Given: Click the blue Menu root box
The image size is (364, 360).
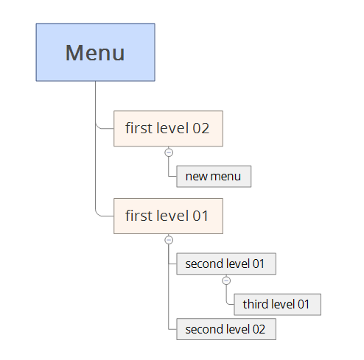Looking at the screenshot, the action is (x=95, y=52).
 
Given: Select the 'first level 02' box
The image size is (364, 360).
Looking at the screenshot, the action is (x=168, y=129).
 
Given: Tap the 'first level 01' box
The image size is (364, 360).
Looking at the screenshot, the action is (x=168, y=216).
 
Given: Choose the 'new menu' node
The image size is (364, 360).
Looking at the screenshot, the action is (x=214, y=177).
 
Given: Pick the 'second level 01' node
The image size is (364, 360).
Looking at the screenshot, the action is (x=226, y=264).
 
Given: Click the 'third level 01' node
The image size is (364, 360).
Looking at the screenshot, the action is (x=278, y=304).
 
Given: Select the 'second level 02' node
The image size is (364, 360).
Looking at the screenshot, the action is (x=226, y=329).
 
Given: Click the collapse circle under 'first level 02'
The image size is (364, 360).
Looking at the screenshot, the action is (x=169, y=152).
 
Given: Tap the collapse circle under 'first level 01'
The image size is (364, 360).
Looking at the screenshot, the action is (x=169, y=240).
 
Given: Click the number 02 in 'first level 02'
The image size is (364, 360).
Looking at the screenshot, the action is (x=200, y=128).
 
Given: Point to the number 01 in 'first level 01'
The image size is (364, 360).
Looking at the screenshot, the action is (x=200, y=216).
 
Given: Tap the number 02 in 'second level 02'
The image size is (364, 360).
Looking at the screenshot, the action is (x=259, y=329).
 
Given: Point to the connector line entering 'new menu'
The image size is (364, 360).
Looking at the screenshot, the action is (x=169, y=169).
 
